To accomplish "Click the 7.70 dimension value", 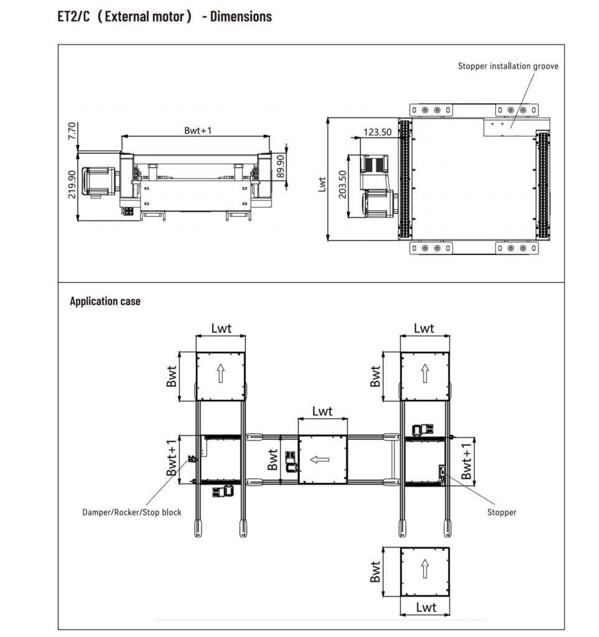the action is pyautogui.click(x=72, y=131).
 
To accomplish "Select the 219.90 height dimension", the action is pyautogui.click(x=72, y=184).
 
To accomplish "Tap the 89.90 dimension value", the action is pyautogui.click(x=281, y=166).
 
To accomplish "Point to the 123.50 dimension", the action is pyautogui.click(x=378, y=132).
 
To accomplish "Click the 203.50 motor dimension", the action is pyautogui.click(x=342, y=184).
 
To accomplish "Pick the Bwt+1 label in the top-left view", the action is pyautogui.click(x=198, y=131).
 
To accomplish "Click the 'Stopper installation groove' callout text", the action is pyautogui.click(x=508, y=66).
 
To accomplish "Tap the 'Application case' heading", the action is pyautogui.click(x=105, y=301).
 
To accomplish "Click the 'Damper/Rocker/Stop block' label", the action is pyautogui.click(x=132, y=513).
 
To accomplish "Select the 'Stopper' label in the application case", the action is pyautogui.click(x=501, y=513).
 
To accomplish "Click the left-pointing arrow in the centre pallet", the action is pyautogui.click(x=320, y=460).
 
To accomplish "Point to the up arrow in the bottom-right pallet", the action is pyautogui.click(x=425, y=569).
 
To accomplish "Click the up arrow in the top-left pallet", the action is pyautogui.click(x=221, y=373).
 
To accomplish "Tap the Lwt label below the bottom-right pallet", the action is pyautogui.click(x=426, y=607).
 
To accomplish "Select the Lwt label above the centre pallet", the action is pyautogui.click(x=322, y=411).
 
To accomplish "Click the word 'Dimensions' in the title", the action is pyautogui.click(x=241, y=17).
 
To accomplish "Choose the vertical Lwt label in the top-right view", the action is pyautogui.click(x=322, y=184).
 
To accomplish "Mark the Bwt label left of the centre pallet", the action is pyautogui.click(x=272, y=460).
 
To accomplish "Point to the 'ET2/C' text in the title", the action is pyautogui.click(x=73, y=17).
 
